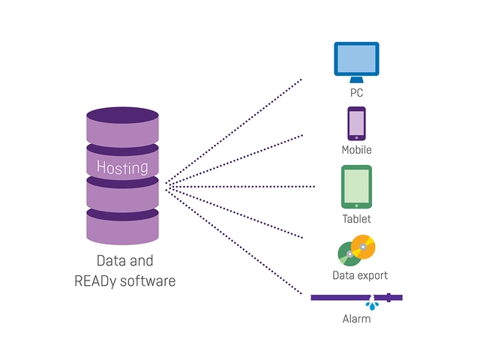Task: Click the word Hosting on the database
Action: click(122, 167)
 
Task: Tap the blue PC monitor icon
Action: click(357, 62)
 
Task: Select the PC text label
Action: click(357, 92)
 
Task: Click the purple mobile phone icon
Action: click(357, 124)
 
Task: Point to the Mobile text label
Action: click(357, 150)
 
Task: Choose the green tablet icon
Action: click(357, 187)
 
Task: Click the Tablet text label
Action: click(357, 219)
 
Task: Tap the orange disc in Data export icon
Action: click(363, 247)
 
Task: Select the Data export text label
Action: click(360, 275)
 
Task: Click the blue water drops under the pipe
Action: click(372, 305)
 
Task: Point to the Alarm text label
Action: click(357, 319)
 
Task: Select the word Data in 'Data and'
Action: click(110, 261)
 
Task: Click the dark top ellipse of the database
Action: click(122, 115)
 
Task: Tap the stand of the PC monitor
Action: click(357, 79)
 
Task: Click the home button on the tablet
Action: click(357, 205)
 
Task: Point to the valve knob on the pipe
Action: click(388, 298)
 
